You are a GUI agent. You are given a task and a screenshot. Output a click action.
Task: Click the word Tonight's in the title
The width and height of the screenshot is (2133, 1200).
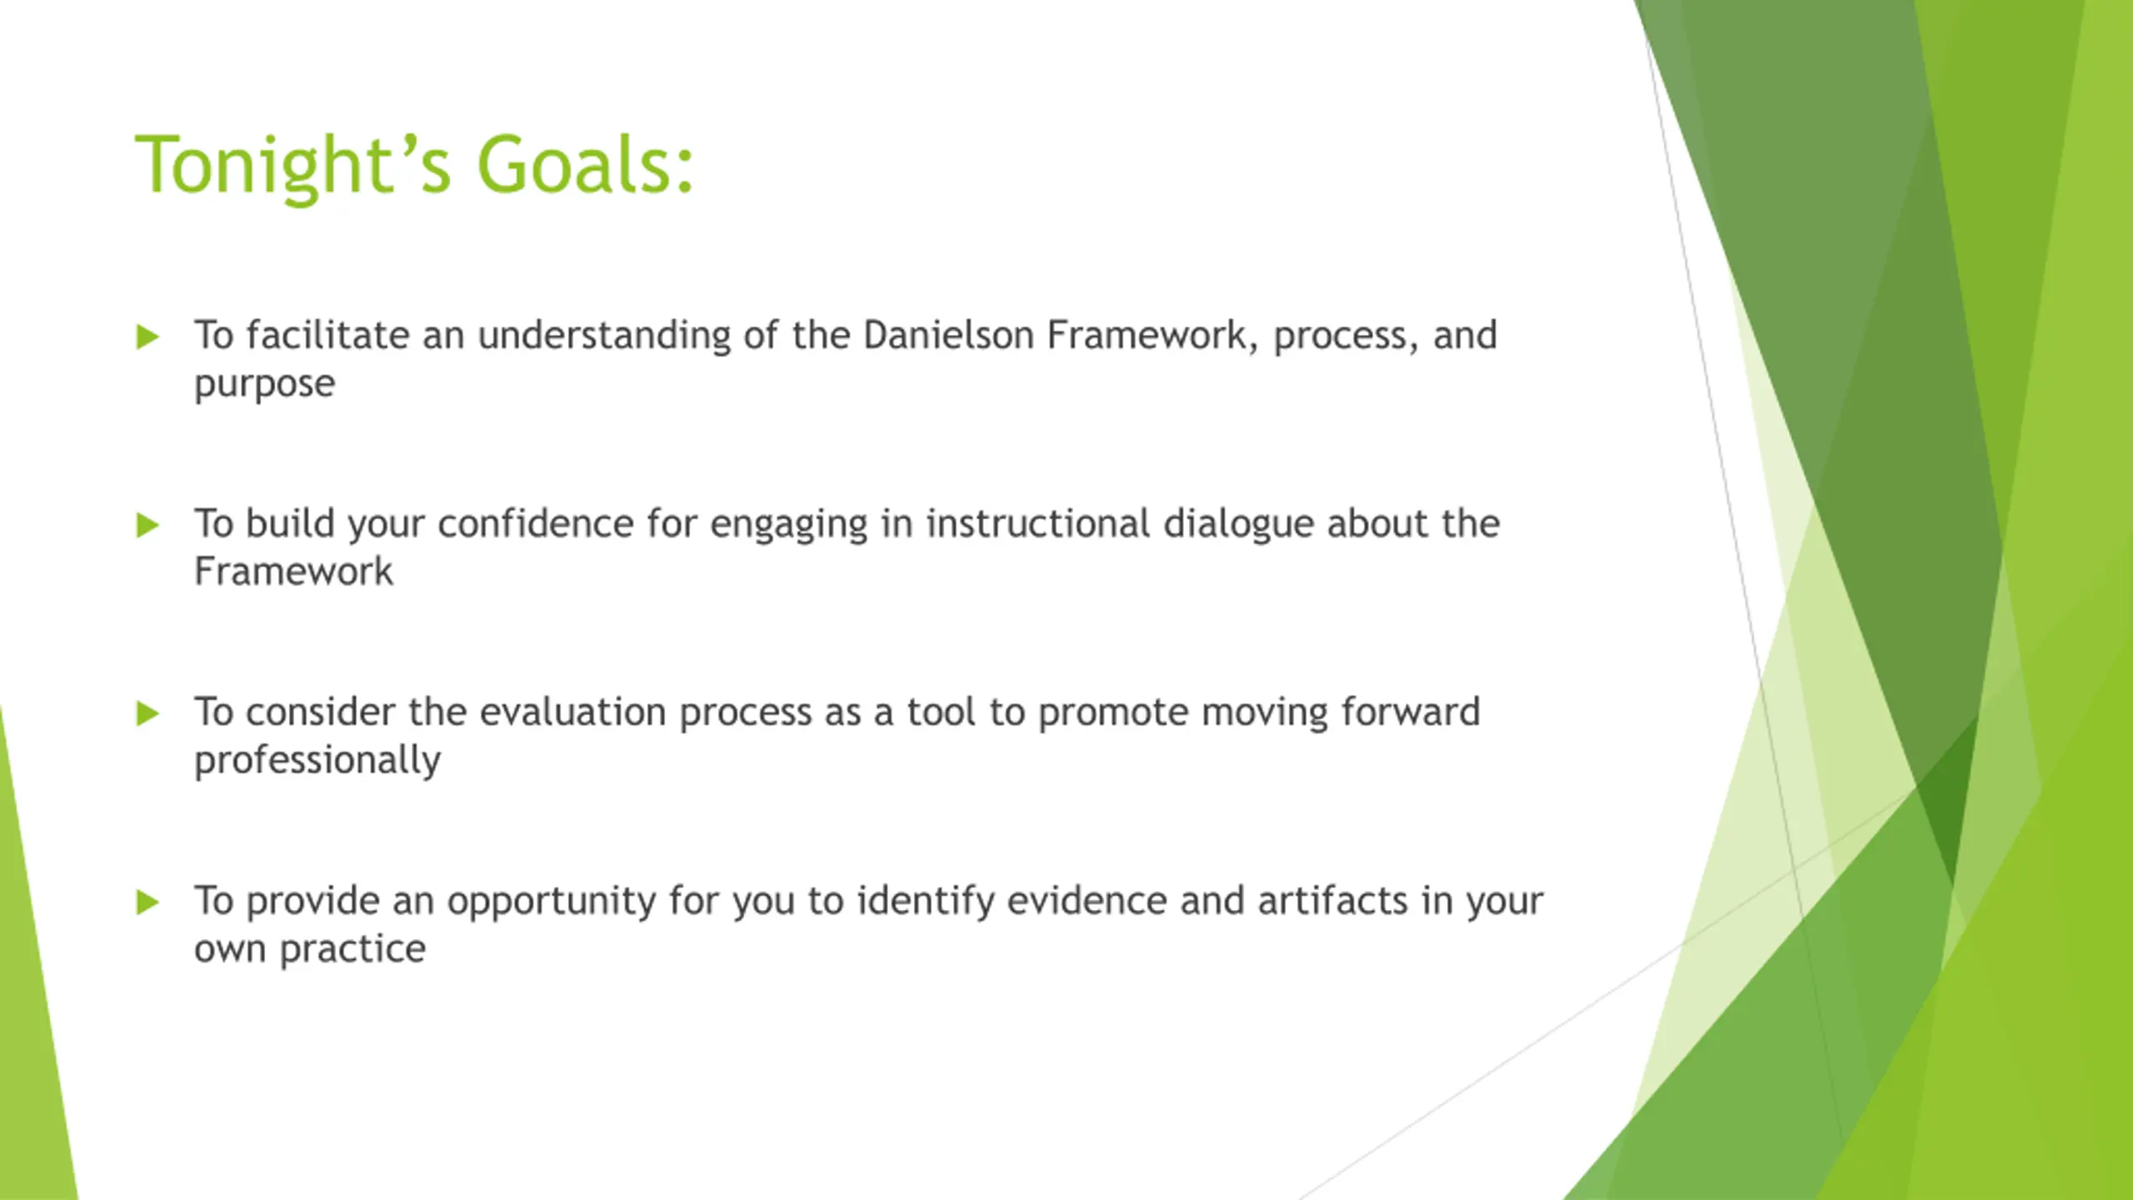coord(292,165)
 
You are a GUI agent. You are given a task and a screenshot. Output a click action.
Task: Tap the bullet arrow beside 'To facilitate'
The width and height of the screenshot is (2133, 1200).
coord(147,337)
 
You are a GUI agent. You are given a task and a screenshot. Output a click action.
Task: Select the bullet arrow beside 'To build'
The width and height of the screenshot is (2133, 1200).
coord(147,525)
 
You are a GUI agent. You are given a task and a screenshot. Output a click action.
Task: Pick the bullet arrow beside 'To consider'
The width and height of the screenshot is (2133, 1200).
coord(147,713)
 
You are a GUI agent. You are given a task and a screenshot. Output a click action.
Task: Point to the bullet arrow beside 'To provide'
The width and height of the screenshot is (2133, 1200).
coord(147,902)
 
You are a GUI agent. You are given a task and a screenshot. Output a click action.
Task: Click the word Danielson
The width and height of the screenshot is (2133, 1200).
coord(948,335)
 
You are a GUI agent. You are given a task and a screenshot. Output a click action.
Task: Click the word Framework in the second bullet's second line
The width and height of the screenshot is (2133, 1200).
coord(293,572)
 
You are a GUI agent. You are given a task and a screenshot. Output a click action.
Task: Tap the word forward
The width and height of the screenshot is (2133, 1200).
coord(1411,712)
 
